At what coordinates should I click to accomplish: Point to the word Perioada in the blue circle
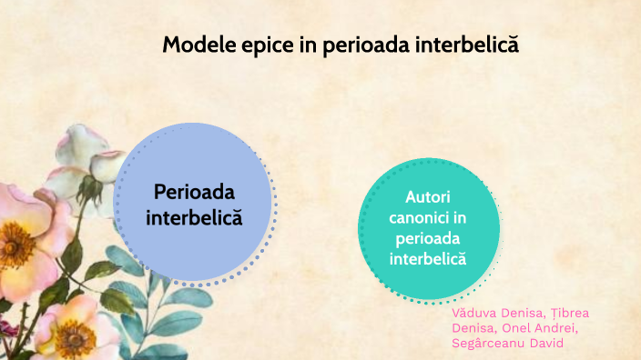(x=194, y=192)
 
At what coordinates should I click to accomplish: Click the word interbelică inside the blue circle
(x=194, y=218)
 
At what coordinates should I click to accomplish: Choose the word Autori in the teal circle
(x=428, y=197)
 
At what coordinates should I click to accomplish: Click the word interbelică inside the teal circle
(x=428, y=258)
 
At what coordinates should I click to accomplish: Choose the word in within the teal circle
(x=461, y=218)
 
